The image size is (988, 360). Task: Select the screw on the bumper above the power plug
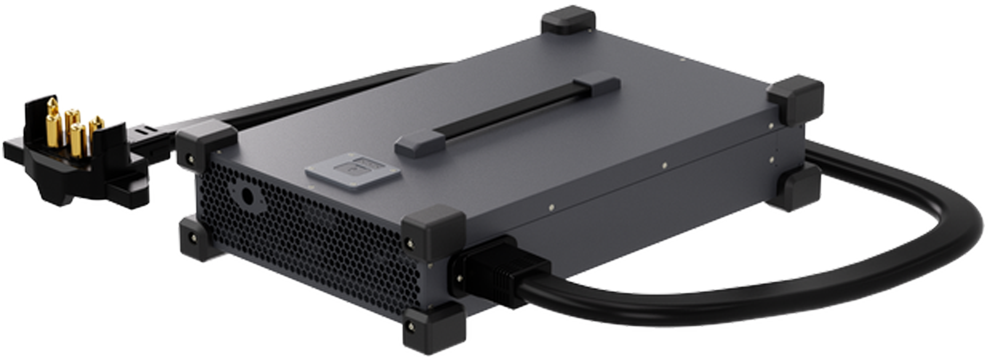409,244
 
